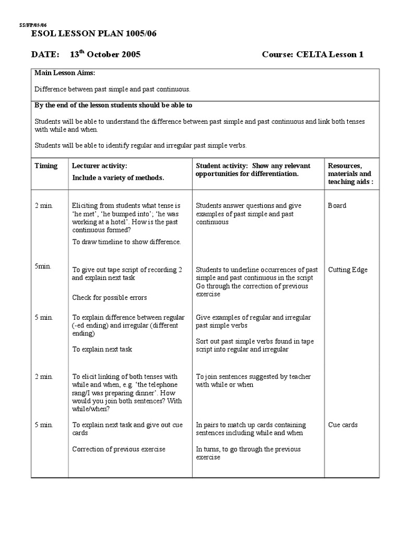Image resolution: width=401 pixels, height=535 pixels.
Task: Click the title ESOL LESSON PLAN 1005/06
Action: pyautogui.click(x=95, y=34)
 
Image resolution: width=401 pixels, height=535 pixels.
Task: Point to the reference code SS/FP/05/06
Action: pyautogui.click(x=32, y=25)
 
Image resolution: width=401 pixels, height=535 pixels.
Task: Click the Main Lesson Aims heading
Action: pyautogui.click(x=65, y=73)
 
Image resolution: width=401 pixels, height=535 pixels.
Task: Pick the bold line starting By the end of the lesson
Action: pyautogui.click(x=113, y=105)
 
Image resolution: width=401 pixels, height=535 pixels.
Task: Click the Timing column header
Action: pyautogui.click(x=46, y=166)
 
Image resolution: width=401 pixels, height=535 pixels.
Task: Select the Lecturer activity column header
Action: pyautogui.click(x=99, y=166)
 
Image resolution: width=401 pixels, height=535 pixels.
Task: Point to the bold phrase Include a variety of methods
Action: pyautogui.click(x=118, y=178)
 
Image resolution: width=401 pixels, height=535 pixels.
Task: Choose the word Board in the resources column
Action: pyautogui.click(x=337, y=205)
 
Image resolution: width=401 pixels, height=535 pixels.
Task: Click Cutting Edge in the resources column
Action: pyautogui.click(x=347, y=270)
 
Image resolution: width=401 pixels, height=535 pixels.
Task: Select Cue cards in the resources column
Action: pyautogui.click(x=343, y=425)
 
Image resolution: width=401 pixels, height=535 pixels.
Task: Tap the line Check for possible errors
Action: pyautogui.click(x=109, y=297)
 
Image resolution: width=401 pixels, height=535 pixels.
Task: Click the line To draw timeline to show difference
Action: pyautogui.click(x=126, y=241)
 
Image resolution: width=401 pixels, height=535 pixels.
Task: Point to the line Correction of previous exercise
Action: pyautogui.click(x=119, y=449)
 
